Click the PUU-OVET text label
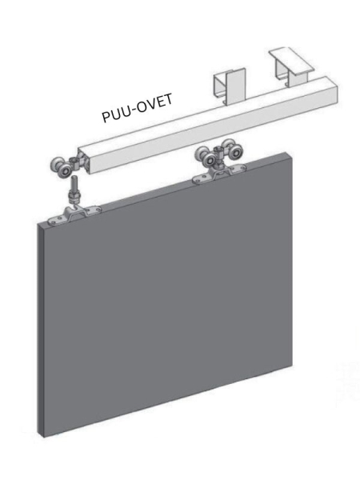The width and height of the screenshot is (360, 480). point(137,108)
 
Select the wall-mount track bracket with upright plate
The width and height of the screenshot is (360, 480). point(230,86)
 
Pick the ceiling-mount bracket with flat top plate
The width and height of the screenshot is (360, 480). point(292,69)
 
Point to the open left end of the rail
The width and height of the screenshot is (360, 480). point(84,162)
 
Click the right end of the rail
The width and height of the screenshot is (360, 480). point(333,90)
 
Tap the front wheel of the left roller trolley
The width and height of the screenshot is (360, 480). point(65,172)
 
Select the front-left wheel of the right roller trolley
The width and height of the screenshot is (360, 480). point(210,159)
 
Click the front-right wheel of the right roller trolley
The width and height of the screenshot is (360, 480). point(234,154)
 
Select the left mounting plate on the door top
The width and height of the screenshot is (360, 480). point(74,215)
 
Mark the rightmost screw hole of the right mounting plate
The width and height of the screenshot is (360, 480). point(242,167)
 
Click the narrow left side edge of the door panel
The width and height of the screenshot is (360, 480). point(40,330)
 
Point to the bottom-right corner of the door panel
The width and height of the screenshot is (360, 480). point(292,365)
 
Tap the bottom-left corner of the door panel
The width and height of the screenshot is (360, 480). point(43,437)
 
